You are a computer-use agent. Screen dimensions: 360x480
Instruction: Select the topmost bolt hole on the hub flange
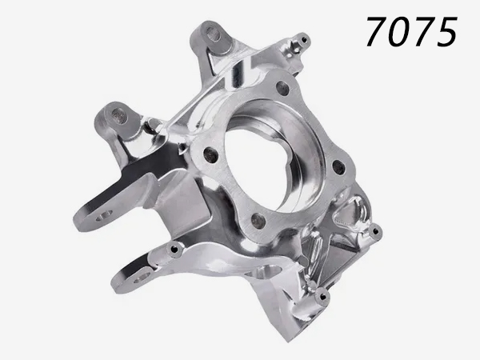pos(282,89)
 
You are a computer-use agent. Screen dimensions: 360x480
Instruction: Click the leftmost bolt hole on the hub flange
pos(211,154)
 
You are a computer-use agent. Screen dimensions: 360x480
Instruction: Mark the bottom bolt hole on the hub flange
pos(258,219)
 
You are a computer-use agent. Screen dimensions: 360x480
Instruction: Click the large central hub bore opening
pos(268,152)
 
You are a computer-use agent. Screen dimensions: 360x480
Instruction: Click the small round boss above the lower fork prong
pos(174,250)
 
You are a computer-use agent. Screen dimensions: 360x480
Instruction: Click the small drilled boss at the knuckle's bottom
pos(322,298)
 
